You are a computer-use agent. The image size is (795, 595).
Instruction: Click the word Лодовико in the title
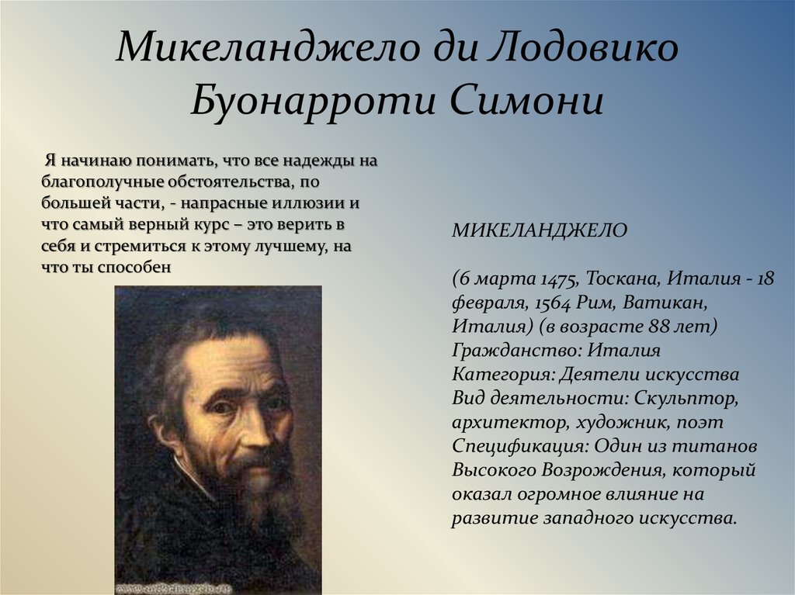pyautogui.click(x=582, y=48)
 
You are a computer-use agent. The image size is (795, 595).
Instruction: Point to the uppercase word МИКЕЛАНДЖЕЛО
pyautogui.click(x=540, y=230)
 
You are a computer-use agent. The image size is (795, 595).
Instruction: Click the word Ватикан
pyautogui.click(x=665, y=303)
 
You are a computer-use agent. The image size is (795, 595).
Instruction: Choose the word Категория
pyautogui.click(x=502, y=375)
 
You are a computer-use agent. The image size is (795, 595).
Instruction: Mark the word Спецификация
pyautogui.click(x=520, y=447)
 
